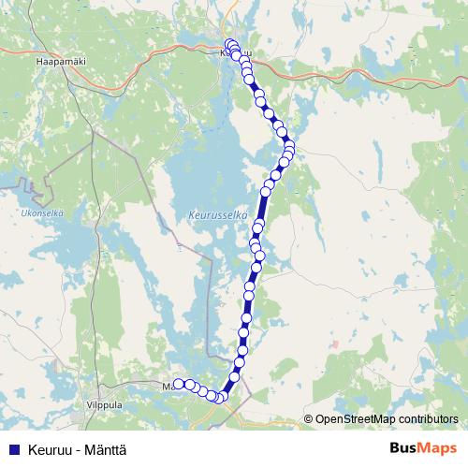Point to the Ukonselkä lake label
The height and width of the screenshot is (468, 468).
click(x=41, y=212)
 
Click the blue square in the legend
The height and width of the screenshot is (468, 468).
click(x=13, y=449)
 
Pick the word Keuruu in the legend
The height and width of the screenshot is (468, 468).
click(x=48, y=449)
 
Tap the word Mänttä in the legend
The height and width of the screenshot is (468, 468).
click(x=105, y=449)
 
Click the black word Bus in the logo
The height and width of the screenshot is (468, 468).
click(x=405, y=448)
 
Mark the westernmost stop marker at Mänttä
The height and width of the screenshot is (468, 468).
click(x=178, y=384)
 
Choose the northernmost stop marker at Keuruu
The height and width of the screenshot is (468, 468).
click(x=230, y=44)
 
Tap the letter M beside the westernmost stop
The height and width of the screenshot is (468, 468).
click(x=167, y=385)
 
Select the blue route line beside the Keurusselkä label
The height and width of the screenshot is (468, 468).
click(x=262, y=214)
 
